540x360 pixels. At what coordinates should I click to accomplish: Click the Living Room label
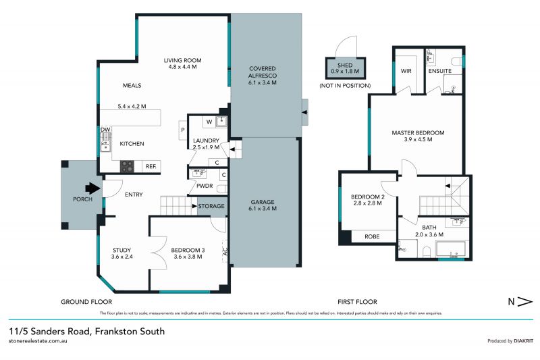[182, 64]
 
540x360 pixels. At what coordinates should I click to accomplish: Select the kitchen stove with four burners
[128, 165]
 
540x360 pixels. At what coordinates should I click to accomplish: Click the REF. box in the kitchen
[151, 165]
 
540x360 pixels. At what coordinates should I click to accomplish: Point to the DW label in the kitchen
[105, 130]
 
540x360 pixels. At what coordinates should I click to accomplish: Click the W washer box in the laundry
[209, 122]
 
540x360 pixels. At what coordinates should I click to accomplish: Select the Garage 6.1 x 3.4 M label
[263, 204]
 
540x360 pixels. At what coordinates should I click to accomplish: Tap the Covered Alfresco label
[263, 76]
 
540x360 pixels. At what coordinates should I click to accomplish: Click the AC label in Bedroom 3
[225, 253]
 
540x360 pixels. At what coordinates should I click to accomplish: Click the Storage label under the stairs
[211, 206]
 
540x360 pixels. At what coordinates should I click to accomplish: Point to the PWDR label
[205, 186]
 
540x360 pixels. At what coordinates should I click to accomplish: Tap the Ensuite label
[440, 70]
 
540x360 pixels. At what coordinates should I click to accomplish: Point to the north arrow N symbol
[520, 301]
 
